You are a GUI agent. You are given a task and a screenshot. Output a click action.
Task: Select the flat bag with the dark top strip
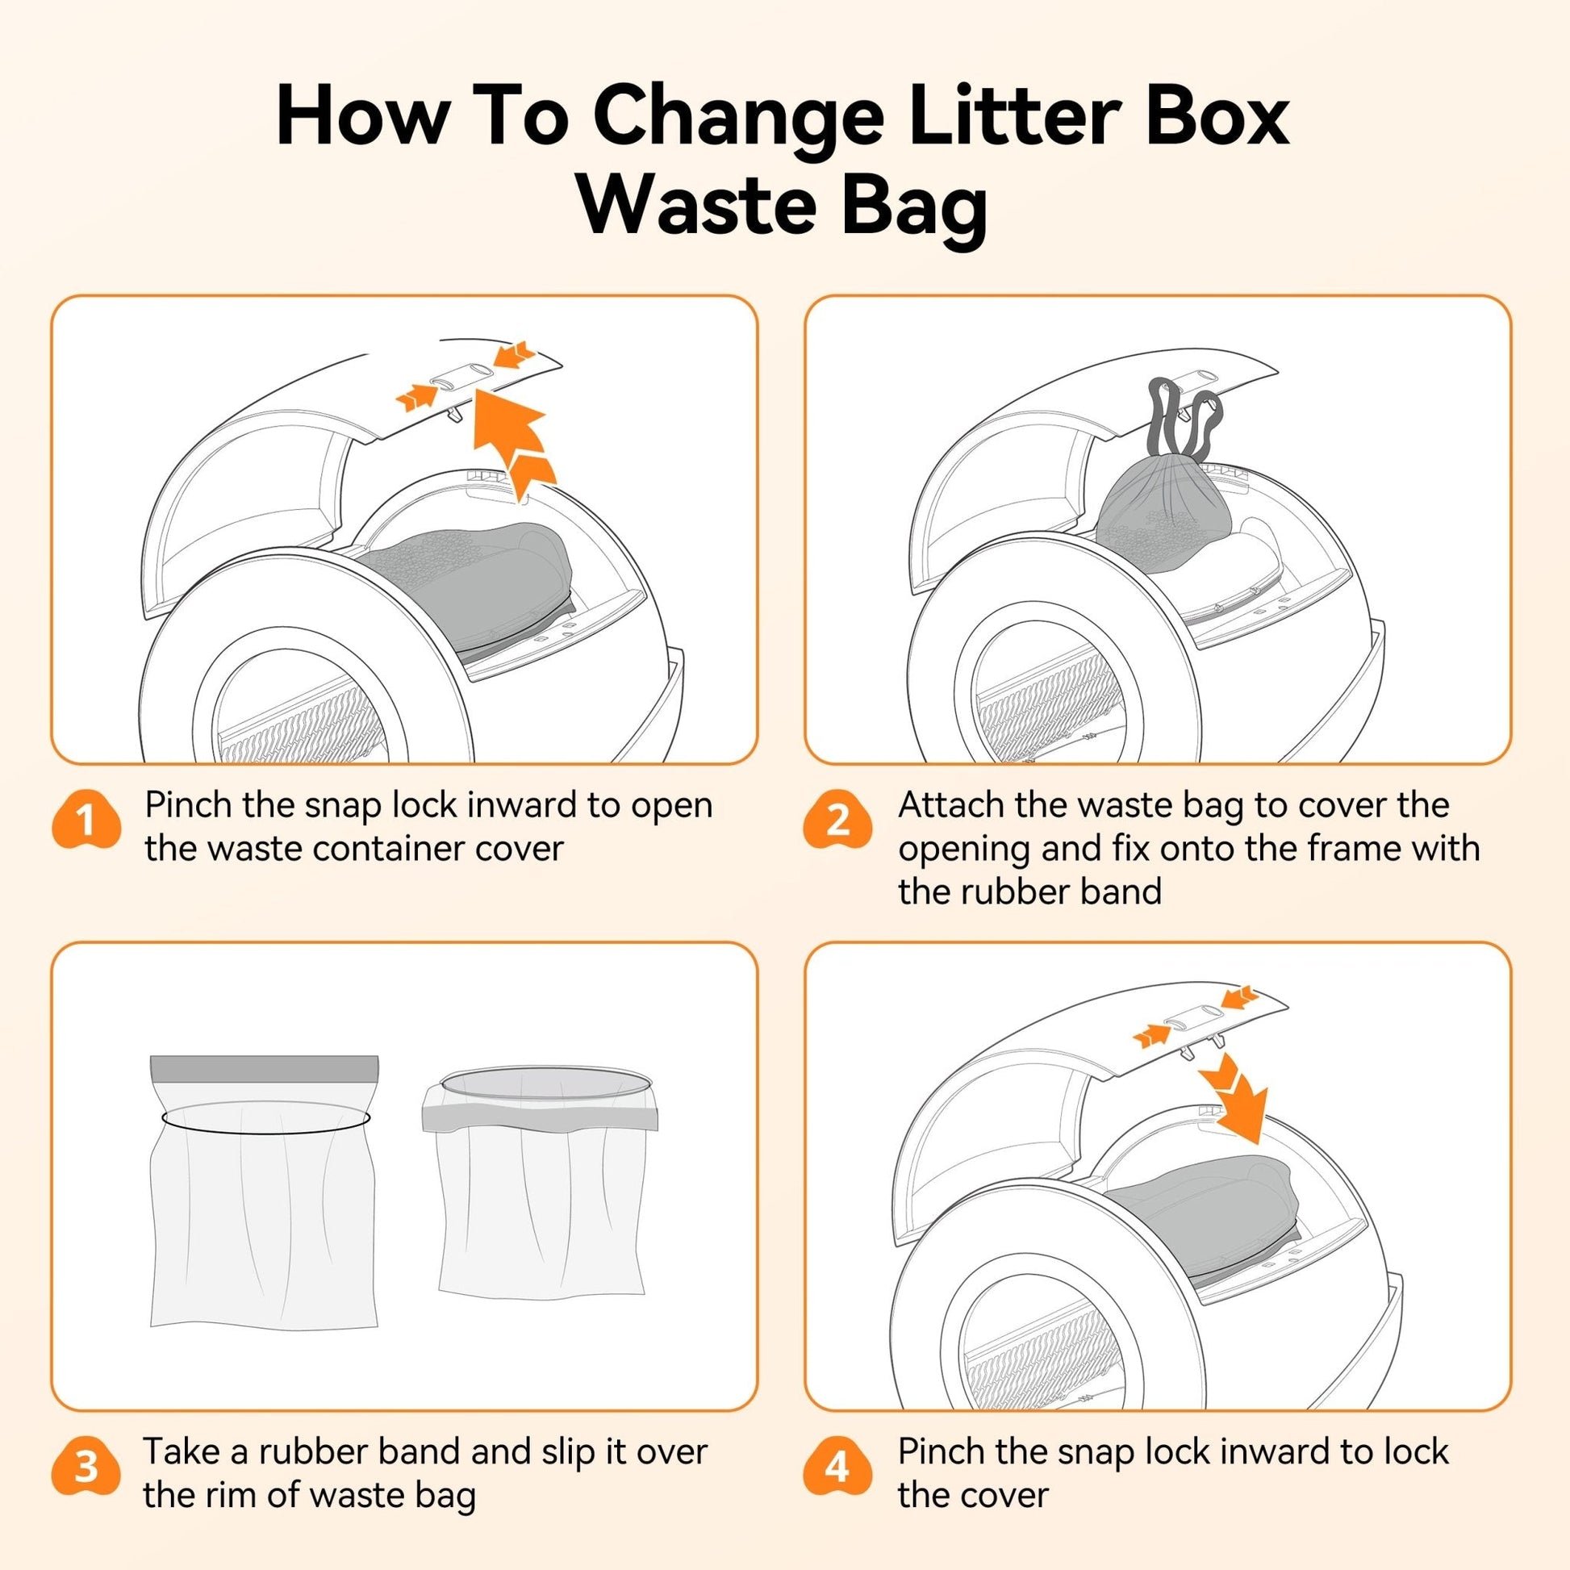pos(264,1195)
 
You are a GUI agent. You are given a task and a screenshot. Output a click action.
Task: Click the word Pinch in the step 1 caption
pos(189,805)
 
